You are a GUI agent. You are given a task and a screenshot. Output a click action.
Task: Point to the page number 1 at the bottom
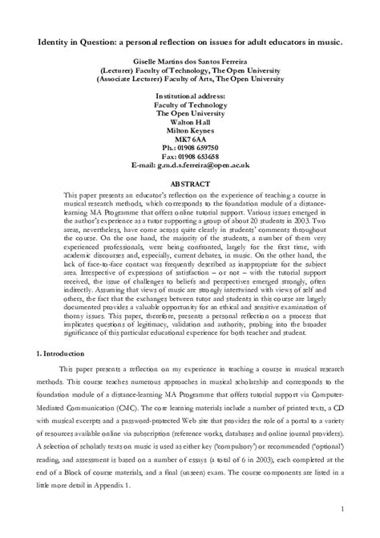(x=343, y=508)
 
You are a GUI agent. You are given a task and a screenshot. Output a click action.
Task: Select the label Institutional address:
(x=190, y=96)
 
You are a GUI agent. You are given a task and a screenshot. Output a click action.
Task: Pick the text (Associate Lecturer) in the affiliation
(x=133, y=79)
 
